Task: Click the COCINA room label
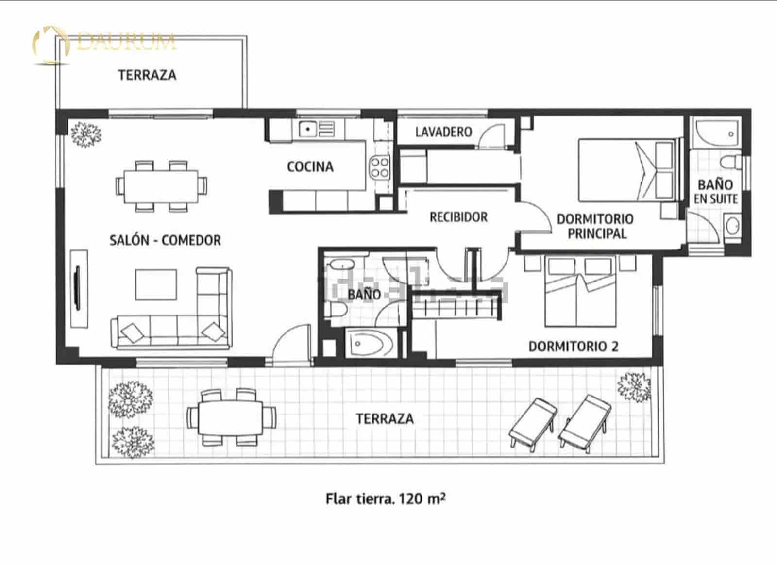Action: click(310, 167)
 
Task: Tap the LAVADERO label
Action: click(443, 132)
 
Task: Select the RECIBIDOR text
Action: click(458, 217)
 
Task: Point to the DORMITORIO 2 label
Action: click(573, 347)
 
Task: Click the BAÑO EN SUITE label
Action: click(715, 192)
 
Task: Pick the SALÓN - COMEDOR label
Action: click(165, 240)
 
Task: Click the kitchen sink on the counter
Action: click(307, 129)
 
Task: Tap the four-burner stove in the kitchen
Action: click(379, 167)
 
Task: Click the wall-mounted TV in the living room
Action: click(78, 288)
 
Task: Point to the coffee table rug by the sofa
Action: click(156, 285)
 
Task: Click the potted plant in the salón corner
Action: click(86, 133)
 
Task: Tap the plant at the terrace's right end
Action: click(634, 387)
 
